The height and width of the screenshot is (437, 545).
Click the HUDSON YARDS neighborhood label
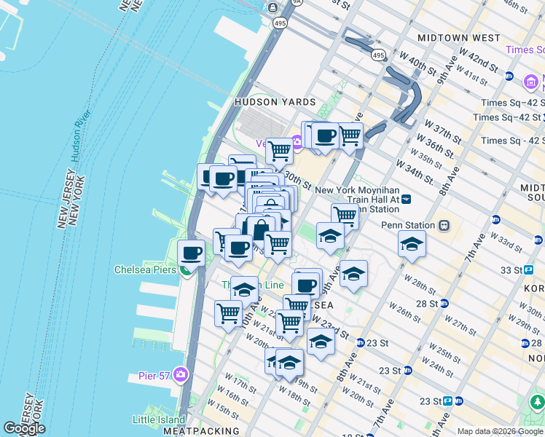point(275,103)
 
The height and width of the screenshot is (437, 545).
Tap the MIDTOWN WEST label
point(458,37)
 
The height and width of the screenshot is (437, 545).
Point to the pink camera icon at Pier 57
point(180,375)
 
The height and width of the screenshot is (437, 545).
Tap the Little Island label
point(160,420)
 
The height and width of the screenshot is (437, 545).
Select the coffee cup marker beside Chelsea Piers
point(192,253)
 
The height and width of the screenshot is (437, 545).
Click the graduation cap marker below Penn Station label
point(412,244)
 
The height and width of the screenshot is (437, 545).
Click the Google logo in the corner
point(24,428)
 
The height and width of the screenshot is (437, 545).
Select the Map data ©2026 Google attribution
point(500,431)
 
